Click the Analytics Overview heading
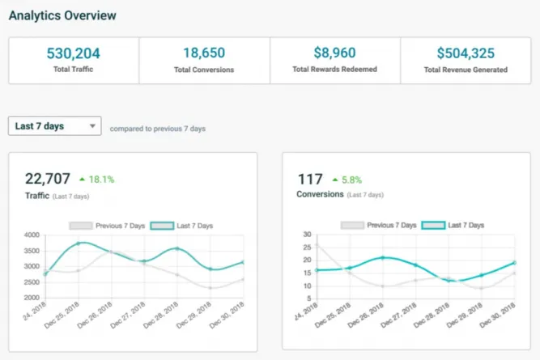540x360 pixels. (62, 15)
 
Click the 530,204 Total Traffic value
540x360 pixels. (74, 53)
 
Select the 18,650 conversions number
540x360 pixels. (204, 53)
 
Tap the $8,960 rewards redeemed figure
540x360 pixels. (335, 53)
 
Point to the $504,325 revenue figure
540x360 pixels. (466, 53)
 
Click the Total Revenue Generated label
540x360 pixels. (466, 70)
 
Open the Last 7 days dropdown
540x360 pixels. (55, 126)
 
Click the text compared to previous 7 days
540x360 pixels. (158, 129)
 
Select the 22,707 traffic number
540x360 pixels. (48, 179)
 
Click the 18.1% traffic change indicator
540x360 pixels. (98, 180)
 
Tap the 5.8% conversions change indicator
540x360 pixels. (347, 180)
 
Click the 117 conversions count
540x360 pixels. (310, 179)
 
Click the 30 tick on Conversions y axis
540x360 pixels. (306, 235)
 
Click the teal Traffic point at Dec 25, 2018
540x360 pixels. (79, 244)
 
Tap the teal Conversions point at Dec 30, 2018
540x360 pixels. (515, 263)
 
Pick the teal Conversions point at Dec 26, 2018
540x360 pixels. (383, 257)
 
